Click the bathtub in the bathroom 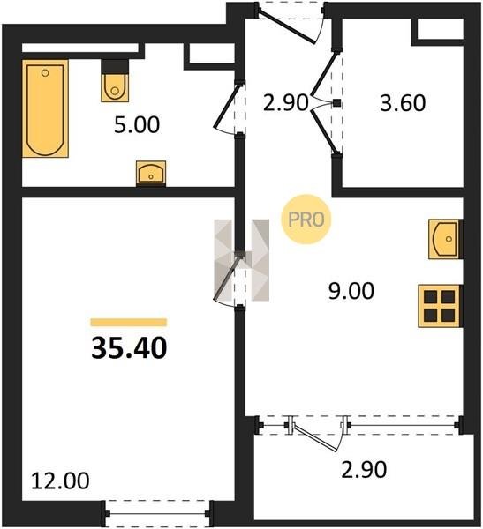tap(46, 108)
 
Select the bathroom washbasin tap(151, 173)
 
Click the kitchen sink tap(445, 239)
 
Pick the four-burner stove tap(440, 306)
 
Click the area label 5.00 tap(137, 124)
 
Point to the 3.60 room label tap(403, 103)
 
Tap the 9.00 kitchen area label tap(351, 291)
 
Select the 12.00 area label tap(60, 481)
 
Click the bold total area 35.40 tap(129, 348)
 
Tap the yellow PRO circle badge tap(306, 220)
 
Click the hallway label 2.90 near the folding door tap(286, 103)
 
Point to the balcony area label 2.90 tap(364, 470)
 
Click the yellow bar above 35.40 tap(129, 323)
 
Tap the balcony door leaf tap(315, 437)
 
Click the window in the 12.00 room tap(158, 513)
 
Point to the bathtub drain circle tap(45, 73)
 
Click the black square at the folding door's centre tap(336, 103)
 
